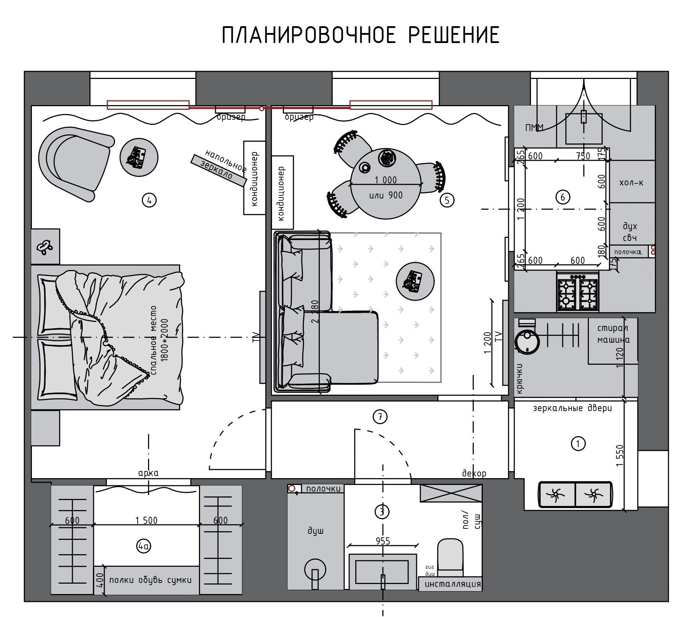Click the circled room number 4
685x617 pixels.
(x=149, y=200)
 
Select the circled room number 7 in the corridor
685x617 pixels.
(x=380, y=416)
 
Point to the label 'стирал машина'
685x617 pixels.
(x=613, y=334)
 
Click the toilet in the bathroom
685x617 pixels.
(x=450, y=557)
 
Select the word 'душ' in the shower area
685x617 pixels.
(x=315, y=531)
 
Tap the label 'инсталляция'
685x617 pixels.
(x=452, y=584)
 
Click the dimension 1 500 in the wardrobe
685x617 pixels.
(x=146, y=520)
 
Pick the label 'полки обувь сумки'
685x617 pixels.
(x=150, y=580)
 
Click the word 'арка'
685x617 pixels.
(x=148, y=473)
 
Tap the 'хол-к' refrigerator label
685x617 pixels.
(x=631, y=183)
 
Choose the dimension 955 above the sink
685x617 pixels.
(x=383, y=541)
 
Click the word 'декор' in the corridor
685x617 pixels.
(x=474, y=473)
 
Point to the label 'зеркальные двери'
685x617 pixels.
(x=572, y=408)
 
